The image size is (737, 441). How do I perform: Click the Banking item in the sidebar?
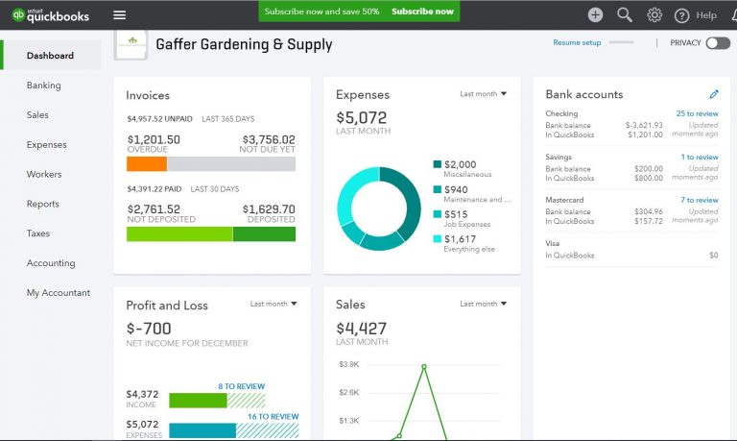click(44, 86)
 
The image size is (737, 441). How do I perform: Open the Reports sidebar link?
click(43, 204)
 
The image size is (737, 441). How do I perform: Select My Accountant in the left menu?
click(59, 293)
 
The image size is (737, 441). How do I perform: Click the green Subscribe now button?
click(422, 12)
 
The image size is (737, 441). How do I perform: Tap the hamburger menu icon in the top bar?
click(119, 14)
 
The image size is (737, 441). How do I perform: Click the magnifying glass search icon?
click(625, 14)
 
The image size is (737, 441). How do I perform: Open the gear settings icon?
click(654, 14)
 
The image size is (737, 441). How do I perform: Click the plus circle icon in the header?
click(595, 14)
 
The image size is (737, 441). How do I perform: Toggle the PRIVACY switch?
click(717, 43)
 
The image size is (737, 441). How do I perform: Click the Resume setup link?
click(577, 43)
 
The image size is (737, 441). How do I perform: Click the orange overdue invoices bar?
click(147, 164)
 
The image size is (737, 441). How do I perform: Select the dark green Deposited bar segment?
click(271, 233)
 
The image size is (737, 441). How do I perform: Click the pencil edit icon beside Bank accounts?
click(713, 94)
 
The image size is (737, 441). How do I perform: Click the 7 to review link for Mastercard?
click(699, 200)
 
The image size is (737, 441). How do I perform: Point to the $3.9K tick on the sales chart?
click(349, 365)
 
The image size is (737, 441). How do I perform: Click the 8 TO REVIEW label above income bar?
click(241, 386)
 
